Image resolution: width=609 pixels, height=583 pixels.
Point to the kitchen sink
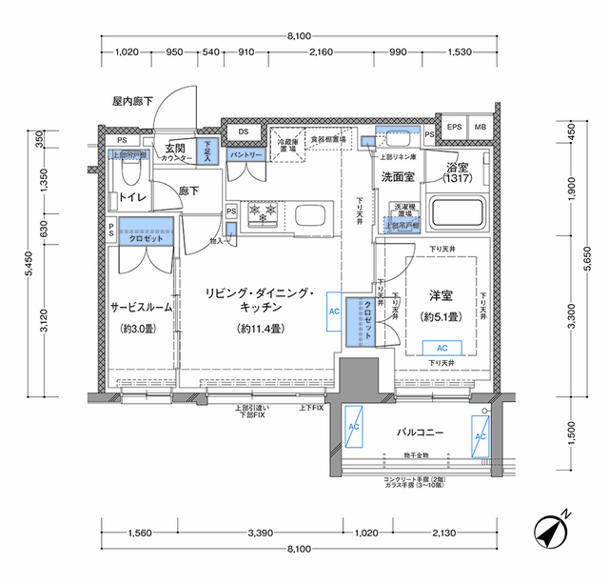point(311,214)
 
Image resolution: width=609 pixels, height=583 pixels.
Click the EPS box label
point(455,127)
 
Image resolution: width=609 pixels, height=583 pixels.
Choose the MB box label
point(480,127)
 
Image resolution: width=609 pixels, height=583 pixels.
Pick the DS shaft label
point(244,131)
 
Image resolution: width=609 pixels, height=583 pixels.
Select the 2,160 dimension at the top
point(320,52)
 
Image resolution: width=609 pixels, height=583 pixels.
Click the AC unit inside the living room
point(334,311)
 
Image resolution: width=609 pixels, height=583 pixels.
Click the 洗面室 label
point(398,176)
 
